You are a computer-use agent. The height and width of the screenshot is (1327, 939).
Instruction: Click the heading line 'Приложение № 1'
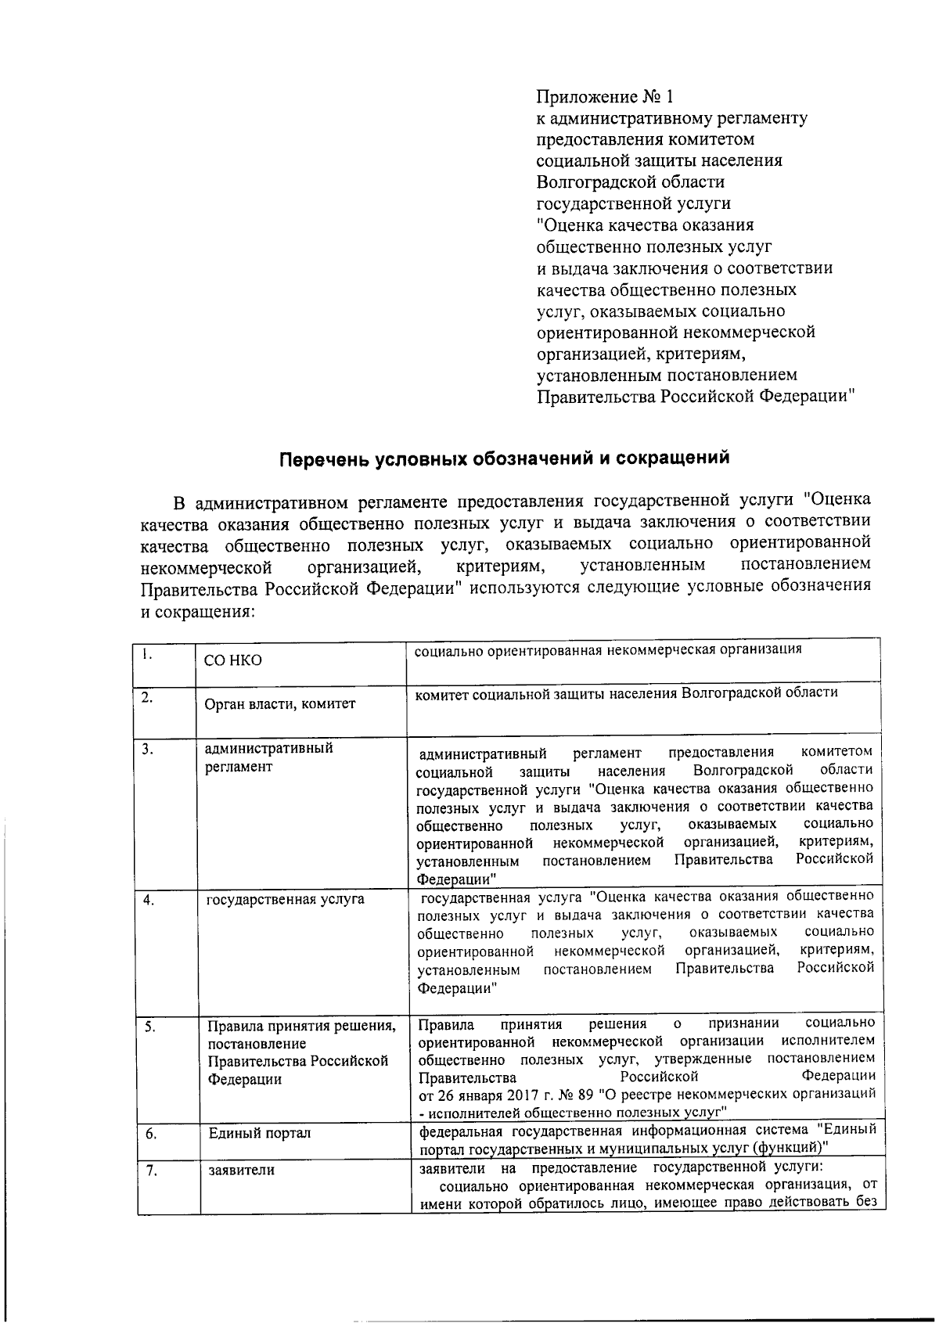(x=604, y=97)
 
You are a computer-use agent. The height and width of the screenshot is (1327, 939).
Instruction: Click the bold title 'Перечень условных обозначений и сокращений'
(x=505, y=458)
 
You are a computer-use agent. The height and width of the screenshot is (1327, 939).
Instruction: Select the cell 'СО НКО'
(x=232, y=660)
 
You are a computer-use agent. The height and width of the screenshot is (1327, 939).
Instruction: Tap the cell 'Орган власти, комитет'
(x=279, y=704)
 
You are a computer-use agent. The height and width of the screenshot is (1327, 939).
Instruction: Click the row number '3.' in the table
(x=148, y=750)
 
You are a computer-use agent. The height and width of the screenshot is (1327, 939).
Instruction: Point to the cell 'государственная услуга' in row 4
(x=285, y=900)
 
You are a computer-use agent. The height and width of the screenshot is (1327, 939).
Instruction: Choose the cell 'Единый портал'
(x=259, y=1133)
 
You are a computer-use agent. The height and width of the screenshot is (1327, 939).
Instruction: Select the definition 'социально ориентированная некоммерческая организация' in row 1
(x=608, y=649)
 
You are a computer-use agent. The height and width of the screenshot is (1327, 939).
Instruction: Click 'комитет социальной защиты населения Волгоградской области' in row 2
(x=626, y=692)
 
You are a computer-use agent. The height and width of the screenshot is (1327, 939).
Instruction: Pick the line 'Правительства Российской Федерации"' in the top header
(x=694, y=396)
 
